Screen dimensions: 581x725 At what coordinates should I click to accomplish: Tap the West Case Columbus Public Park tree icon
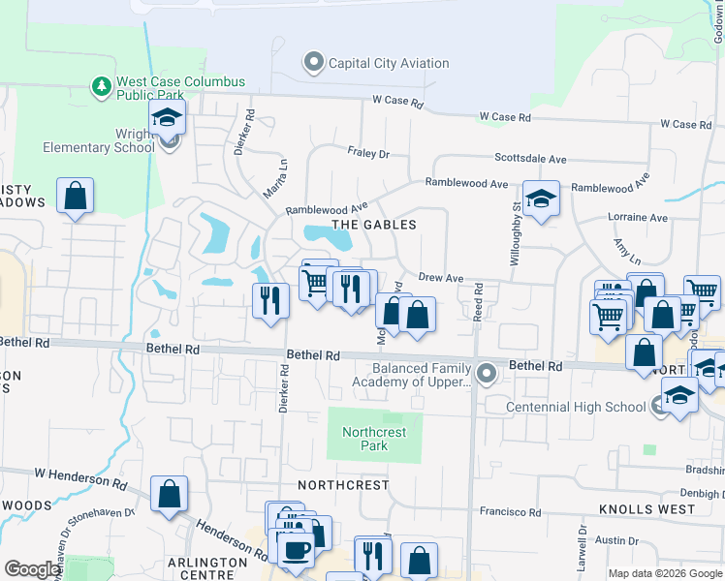click(101, 87)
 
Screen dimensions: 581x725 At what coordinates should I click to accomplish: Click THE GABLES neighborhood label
click(374, 225)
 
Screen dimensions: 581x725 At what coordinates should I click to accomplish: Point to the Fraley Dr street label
click(368, 153)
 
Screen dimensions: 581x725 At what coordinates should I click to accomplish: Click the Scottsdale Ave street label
click(530, 159)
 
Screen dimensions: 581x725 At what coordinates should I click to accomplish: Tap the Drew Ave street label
click(441, 278)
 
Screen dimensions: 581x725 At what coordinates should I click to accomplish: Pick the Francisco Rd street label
click(510, 511)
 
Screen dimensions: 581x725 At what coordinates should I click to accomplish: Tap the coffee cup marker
click(296, 550)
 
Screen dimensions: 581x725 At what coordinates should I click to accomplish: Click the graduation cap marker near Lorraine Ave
click(542, 199)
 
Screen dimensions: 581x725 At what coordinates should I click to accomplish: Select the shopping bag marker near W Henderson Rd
click(170, 494)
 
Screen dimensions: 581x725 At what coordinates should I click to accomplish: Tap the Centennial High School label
click(576, 407)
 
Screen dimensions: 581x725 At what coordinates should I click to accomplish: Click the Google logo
click(33, 569)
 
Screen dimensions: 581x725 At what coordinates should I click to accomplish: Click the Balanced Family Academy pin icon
click(488, 371)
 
